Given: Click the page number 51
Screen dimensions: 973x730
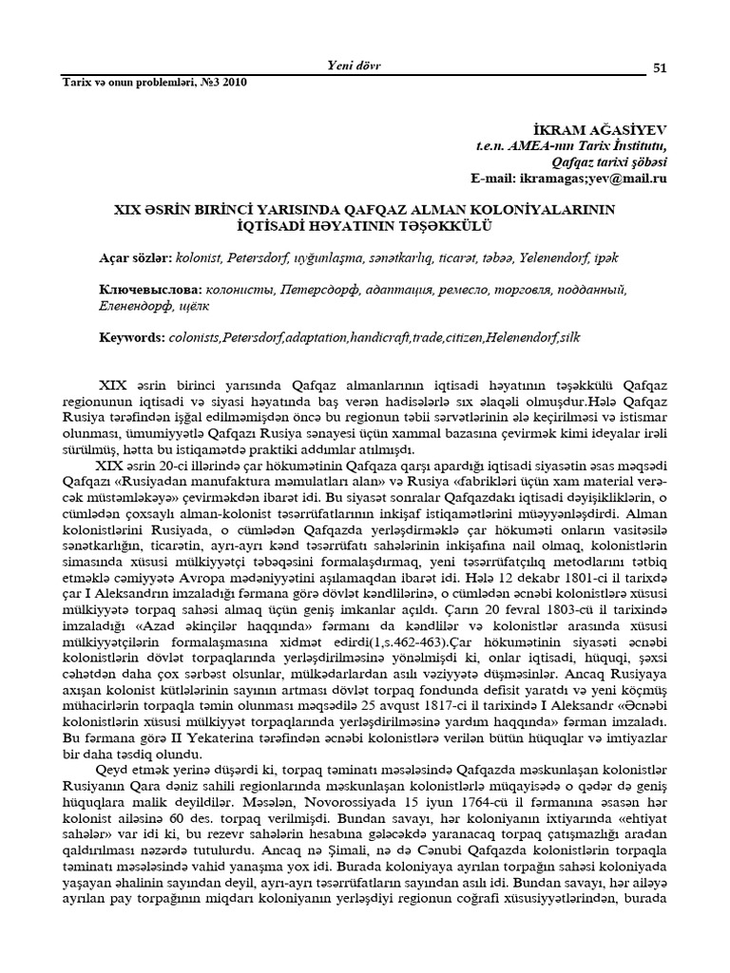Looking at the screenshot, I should (x=660, y=66).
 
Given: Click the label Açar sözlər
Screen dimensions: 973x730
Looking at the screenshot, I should (x=135, y=258).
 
